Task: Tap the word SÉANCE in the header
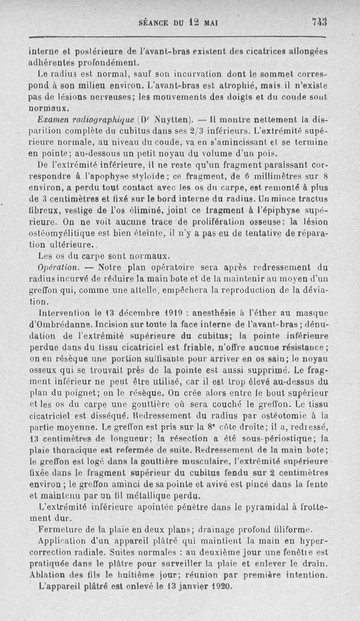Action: pyautogui.click(x=155, y=23)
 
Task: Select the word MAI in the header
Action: pyautogui.click(x=209, y=23)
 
